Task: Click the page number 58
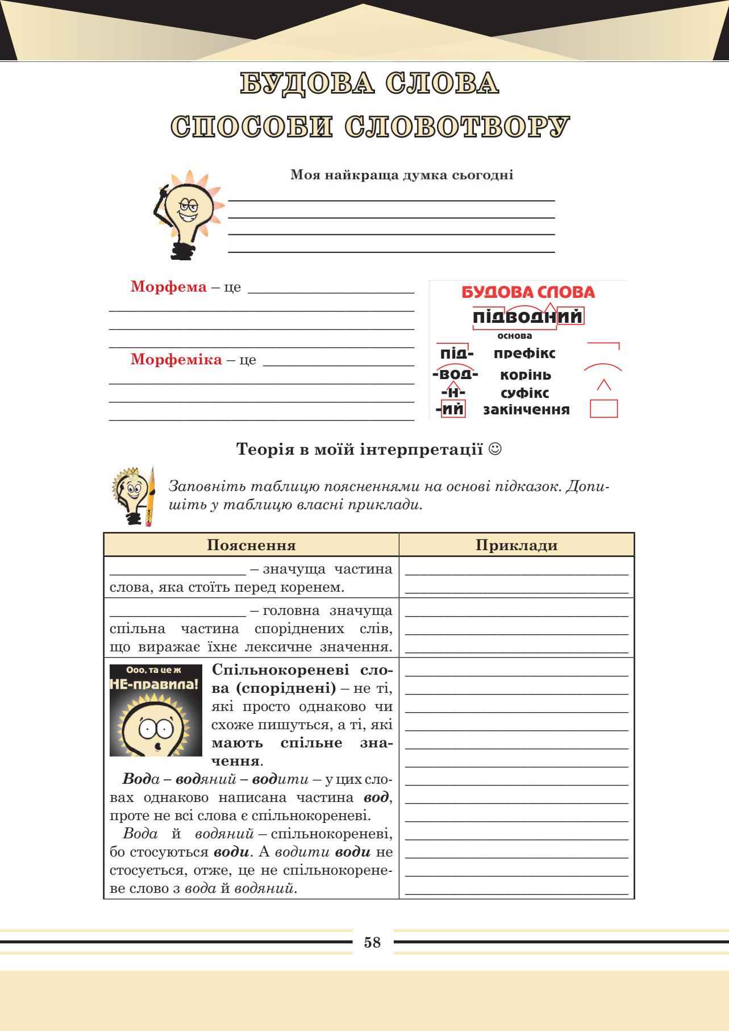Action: pyautogui.click(x=372, y=942)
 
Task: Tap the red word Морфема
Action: pyautogui.click(x=169, y=286)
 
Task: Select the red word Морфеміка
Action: pyautogui.click(x=176, y=360)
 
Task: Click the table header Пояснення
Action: pyautogui.click(x=251, y=546)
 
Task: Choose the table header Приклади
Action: pyautogui.click(x=516, y=546)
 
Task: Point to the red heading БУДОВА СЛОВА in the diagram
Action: pyautogui.click(x=528, y=293)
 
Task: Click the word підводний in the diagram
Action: pyautogui.click(x=528, y=316)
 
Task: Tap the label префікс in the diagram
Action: pyautogui.click(x=524, y=354)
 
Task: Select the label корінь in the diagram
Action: pyautogui.click(x=526, y=375)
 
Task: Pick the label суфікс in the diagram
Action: pyautogui.click(x=525, y=393)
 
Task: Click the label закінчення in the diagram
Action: pyautogui.click(x=526, y=410)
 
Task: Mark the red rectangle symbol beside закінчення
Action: pyautogui.click(x=604, y=409)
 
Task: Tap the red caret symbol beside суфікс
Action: pyautogui.click(x=604, y=385)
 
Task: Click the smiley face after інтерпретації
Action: pyautogui.click(x=495, y=450)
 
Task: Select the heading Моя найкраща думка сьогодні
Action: pyautogui.click(x=402, y=175)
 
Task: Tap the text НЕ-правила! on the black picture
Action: pyautogui.click(x=155, y=684)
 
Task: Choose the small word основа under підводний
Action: pyautogui.click(x=515, y=335)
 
